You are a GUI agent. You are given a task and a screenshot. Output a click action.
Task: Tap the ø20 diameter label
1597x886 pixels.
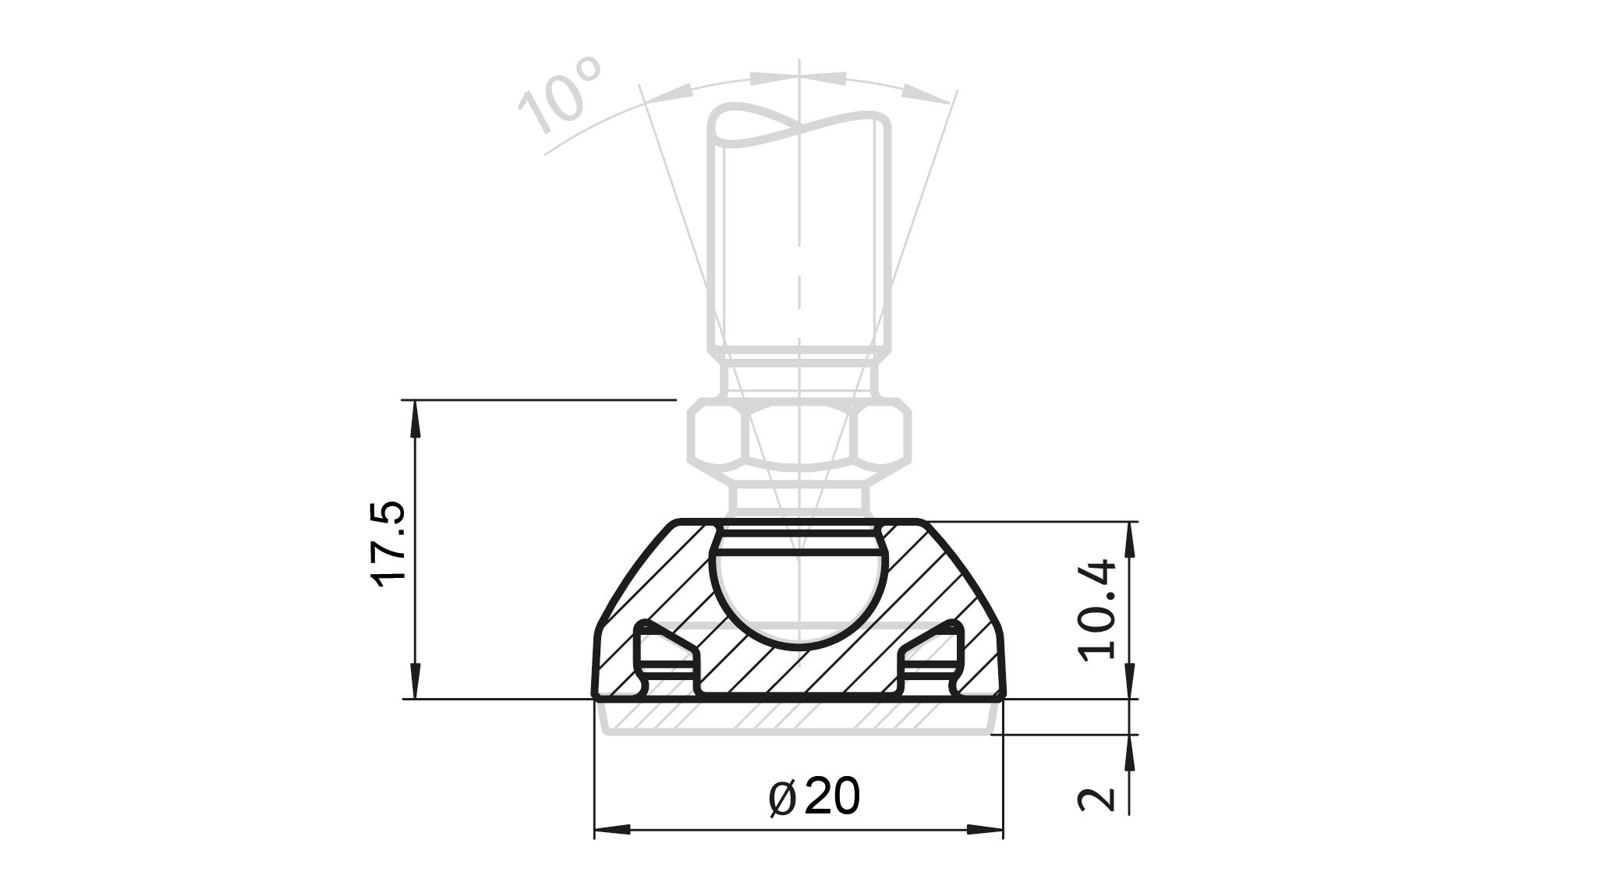coord(814,796)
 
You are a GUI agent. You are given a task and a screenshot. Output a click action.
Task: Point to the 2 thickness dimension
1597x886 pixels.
coord(1098,798)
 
